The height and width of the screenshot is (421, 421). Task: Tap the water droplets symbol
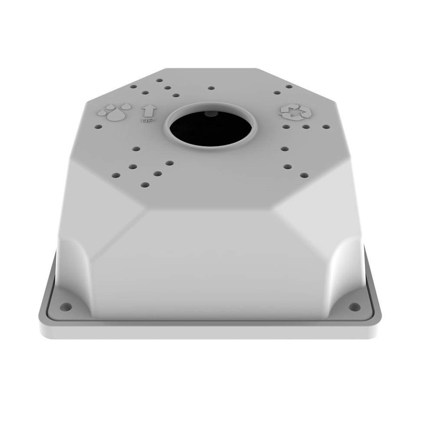click(115, 111)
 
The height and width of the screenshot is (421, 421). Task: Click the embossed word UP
click(148, 121)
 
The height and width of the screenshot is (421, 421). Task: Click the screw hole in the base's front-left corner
click(66, 306)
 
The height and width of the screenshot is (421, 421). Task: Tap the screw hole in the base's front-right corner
click(355, 306)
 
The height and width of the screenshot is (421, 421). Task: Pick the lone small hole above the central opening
click(211, 88)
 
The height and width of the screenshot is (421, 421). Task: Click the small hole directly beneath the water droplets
click(99, 126)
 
